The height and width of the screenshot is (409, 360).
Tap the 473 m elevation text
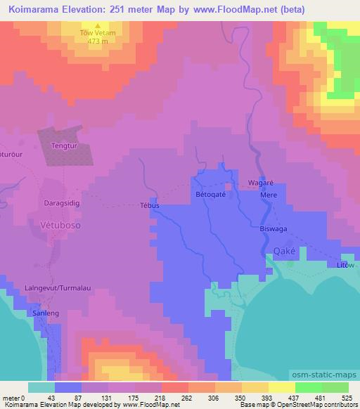tap(98, 41)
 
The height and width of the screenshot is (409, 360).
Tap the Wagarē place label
tap(260, 183)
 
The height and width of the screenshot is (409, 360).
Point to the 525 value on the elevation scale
tap(347, 397)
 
